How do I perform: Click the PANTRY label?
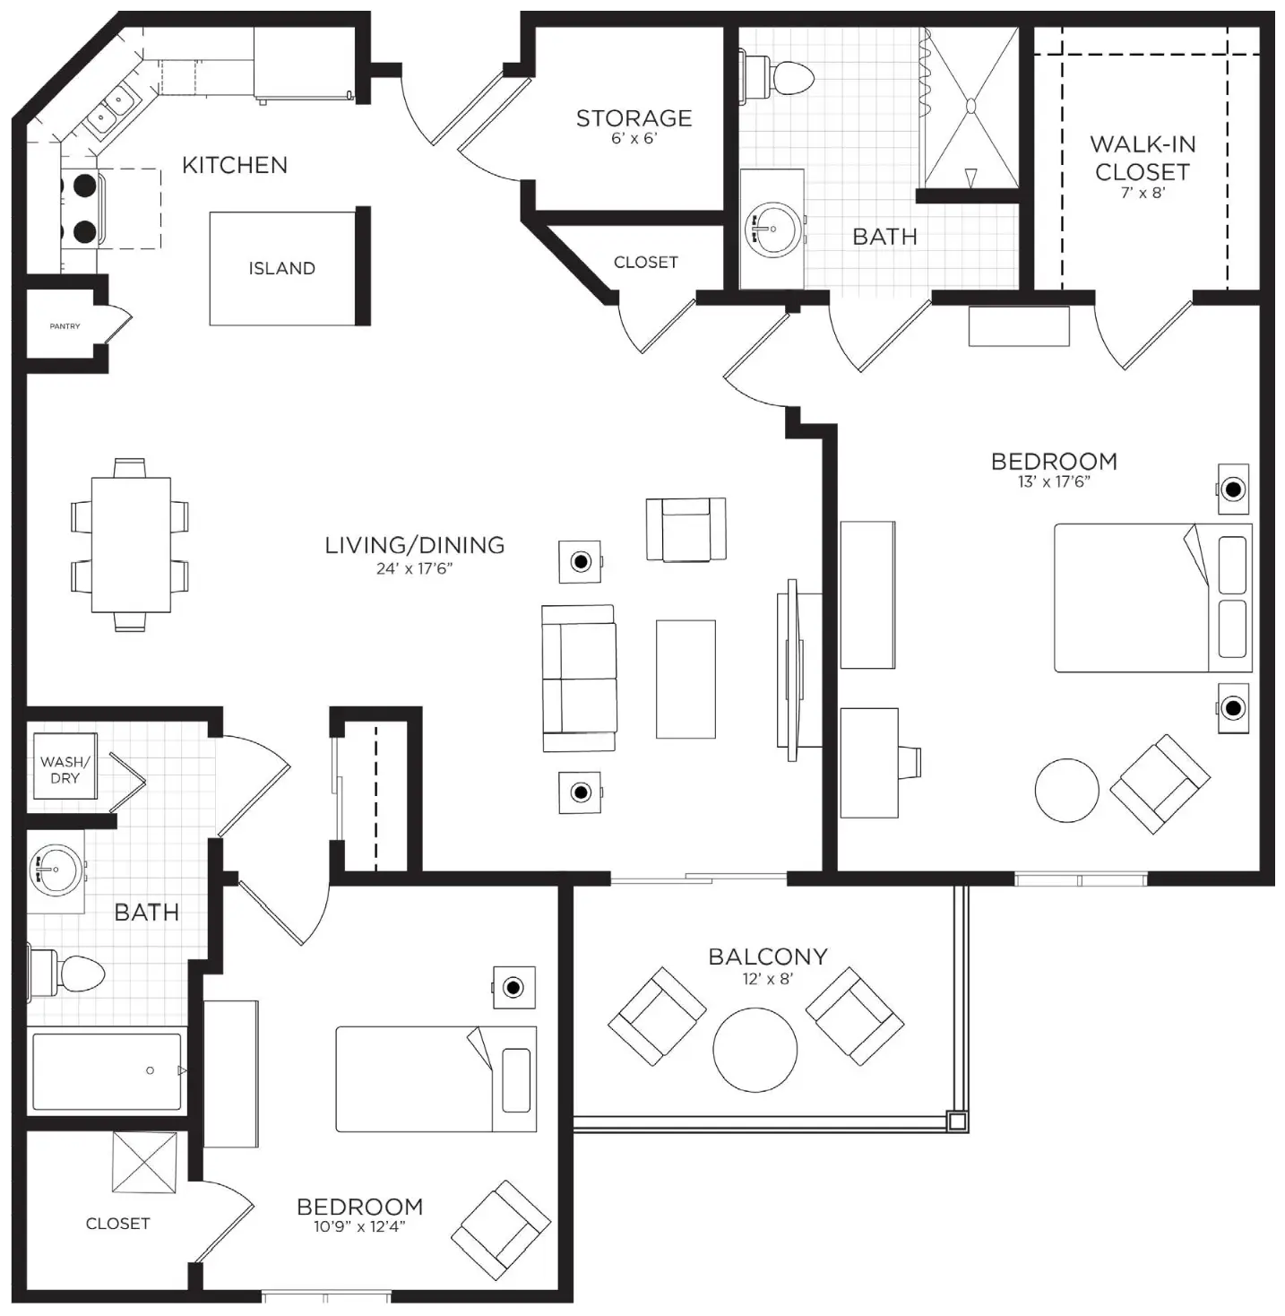pos(65,326)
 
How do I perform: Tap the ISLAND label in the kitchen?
pos(282,268)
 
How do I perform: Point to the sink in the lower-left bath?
pos(56,869)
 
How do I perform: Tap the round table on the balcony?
pos(755,1050)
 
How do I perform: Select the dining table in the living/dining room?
pos(131,545)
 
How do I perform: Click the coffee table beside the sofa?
pos(686,679)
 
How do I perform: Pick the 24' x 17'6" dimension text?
pos(414,568)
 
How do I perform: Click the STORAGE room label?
pos(634,118)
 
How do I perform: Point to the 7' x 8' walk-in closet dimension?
pos(1143,193)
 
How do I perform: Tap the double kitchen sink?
pos(112,110)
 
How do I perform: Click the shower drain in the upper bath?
pos(971,106)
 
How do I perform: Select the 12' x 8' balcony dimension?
pos(768,979)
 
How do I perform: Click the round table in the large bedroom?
pos(1066,790)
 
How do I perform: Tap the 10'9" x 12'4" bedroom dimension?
pos(359,1226)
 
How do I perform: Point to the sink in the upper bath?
pos(773,229)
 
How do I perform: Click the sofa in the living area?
pos(579,679)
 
